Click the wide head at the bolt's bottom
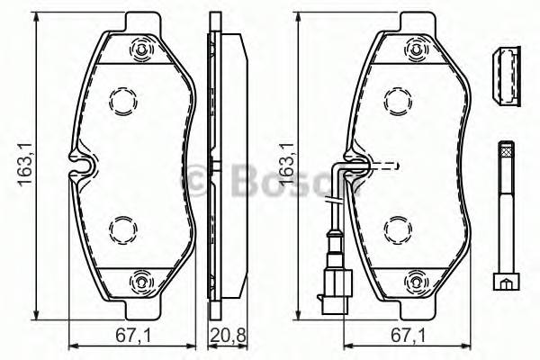pos(505,281)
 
